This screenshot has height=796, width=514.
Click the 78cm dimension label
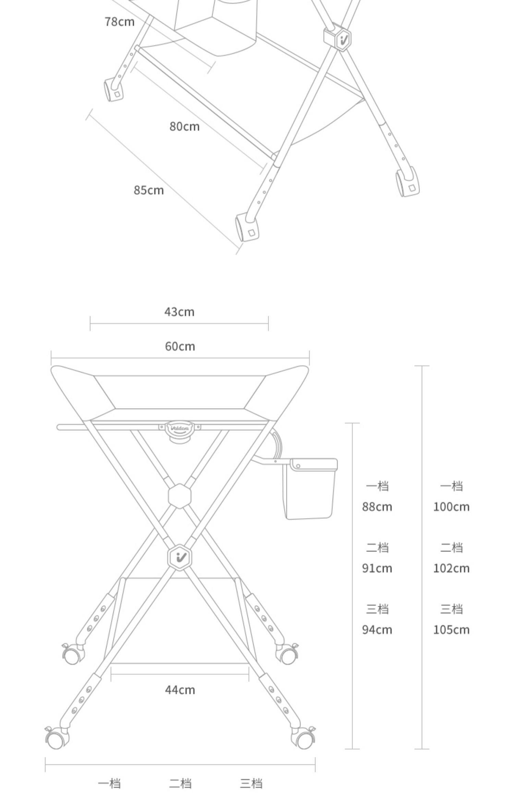(120, 22)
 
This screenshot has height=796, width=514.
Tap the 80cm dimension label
(184, 126)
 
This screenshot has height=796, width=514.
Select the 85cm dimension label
(149, 190)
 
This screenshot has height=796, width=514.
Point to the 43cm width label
(179, 312)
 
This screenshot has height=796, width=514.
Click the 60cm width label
(180, 347)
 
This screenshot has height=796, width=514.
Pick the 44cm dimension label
(180, 690)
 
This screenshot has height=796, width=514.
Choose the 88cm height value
(377, 507)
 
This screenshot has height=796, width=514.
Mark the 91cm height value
(377, 568)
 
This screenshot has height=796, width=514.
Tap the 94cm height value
(377, 630)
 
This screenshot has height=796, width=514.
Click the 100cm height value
(451, 507)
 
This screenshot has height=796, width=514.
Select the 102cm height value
(451, 568)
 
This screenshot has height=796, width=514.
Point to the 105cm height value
(451, 630)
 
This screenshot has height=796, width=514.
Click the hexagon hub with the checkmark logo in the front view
(180, 557)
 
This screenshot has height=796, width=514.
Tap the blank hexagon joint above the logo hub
(180, 496)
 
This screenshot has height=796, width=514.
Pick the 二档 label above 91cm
(377, 547)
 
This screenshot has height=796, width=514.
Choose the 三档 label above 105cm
(451, 609)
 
